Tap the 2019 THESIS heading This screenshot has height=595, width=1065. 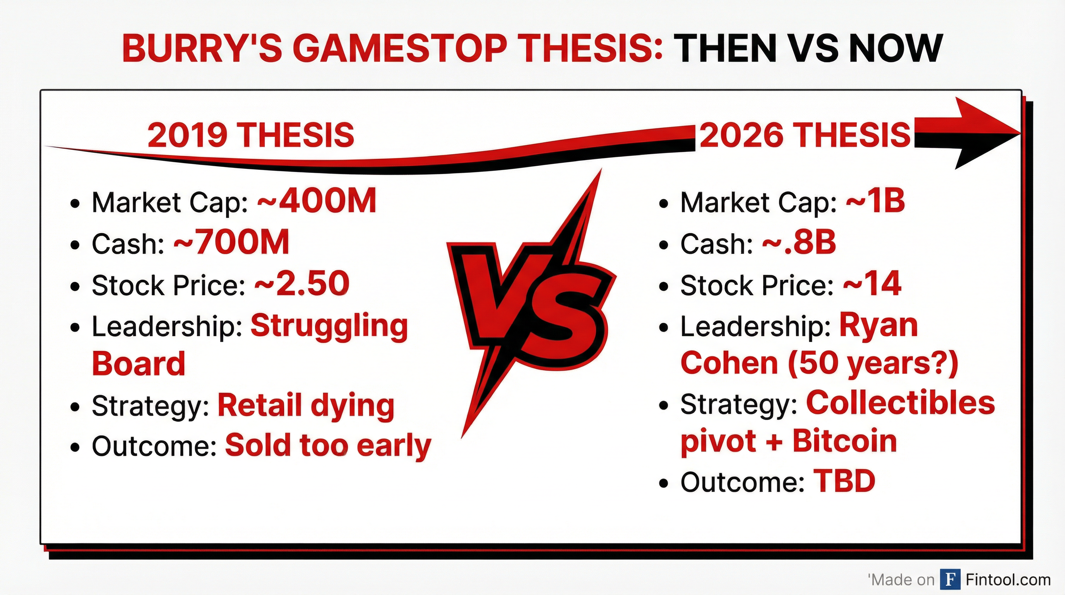(250, 135)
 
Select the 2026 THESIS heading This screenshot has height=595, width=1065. (805, 135)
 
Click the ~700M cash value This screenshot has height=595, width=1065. (231, 243)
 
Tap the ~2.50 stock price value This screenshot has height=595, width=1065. (302, 284)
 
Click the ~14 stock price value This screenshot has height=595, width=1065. (872, 284)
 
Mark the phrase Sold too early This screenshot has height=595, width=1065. (328, 445)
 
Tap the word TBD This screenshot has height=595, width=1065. (844, 481)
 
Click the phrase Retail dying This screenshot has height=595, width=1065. (306, 406)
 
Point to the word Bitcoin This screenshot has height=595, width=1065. (844, 442)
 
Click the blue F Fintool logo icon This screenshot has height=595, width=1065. (950, 580)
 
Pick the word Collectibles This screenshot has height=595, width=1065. (900, 403)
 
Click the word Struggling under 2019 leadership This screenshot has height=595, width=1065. (329, 326)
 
